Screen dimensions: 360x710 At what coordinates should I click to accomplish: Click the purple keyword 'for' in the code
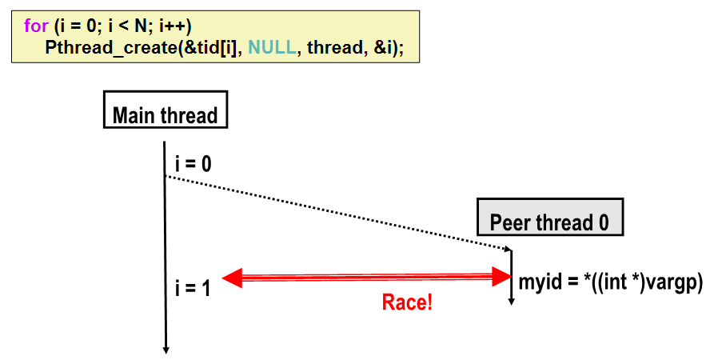37,26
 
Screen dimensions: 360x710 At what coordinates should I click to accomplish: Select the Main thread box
165,114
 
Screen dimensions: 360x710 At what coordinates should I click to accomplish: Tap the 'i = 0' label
193,164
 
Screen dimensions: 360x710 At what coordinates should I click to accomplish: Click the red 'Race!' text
407,302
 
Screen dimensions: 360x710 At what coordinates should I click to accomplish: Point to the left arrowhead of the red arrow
232,278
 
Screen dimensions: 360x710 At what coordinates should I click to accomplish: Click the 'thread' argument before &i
333,47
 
